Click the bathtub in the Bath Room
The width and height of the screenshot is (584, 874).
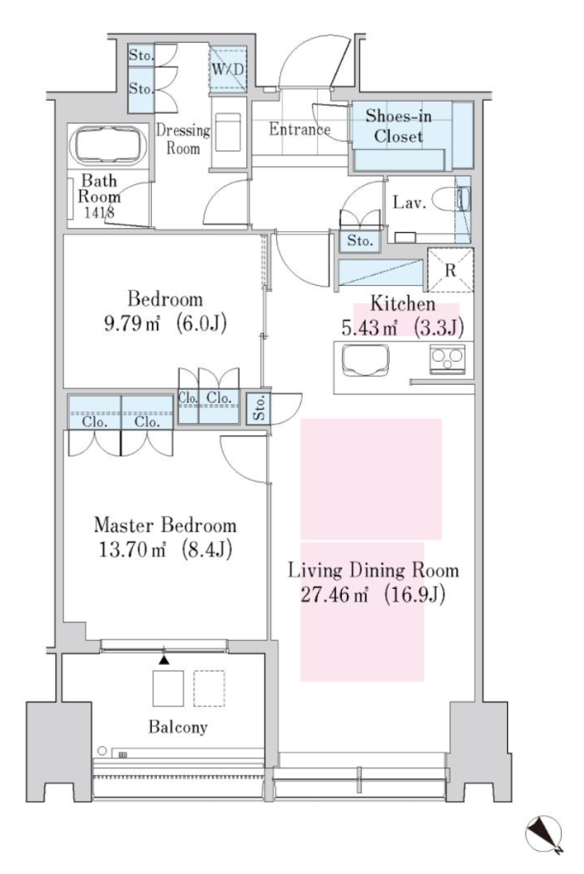(x=108, y=145)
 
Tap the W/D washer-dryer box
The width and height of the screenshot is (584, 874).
(x=228, y=69)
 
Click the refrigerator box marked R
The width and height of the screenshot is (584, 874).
(x=450, y=271)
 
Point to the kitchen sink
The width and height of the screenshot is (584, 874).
(x=365, y=361)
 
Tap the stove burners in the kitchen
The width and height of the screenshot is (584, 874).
(x=447, y=356)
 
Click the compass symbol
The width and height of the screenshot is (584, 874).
(x=544, y=834)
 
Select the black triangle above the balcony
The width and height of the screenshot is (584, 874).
(x=164, y=660)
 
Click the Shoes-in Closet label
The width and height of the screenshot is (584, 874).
(x=399, y=126)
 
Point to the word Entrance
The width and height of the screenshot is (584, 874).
(x=299, y=130)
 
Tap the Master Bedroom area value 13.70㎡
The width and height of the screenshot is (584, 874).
(x=132, y=551)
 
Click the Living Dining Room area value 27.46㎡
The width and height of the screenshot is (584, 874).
(x=334, y=595)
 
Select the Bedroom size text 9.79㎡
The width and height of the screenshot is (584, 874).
(x=132, y=323)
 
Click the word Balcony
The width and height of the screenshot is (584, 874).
(x=177, y=727)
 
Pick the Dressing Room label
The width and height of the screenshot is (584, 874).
(x=183, y=139)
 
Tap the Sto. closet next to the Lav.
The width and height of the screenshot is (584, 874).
(x=360, y=241)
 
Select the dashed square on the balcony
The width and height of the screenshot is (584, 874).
(x=210, y=689)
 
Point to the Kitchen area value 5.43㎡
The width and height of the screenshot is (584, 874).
(x=369, y=329)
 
